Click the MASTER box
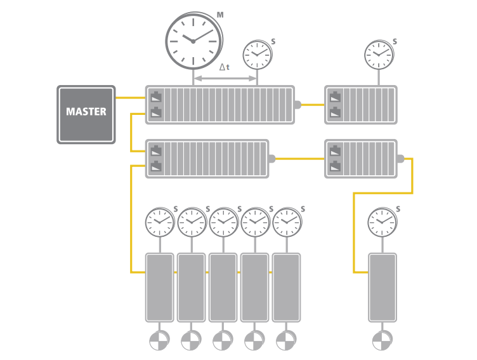point(86,114)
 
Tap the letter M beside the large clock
point(220,14)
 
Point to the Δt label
point(225,67)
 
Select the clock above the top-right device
point(379,55)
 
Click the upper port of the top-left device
point(156,98)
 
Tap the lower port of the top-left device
point(156,113)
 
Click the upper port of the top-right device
point(335,98)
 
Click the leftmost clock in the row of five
point(159,222)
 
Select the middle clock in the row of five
point(223,222)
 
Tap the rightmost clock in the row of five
point(287,222)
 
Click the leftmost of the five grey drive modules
point(160,287)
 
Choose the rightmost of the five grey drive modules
point(287,287)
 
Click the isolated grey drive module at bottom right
point(382,287)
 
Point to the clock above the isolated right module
point(382,222)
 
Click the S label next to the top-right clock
point(395,42)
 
